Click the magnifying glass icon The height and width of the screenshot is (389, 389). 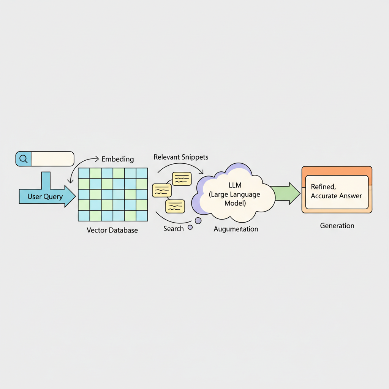23,159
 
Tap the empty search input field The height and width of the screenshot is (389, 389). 52,159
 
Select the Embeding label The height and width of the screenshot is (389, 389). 118,159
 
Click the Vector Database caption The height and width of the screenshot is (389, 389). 112,230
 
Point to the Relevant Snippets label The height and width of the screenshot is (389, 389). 181,157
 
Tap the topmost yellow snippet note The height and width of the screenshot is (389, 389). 182,179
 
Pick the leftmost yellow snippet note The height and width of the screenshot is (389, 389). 162,190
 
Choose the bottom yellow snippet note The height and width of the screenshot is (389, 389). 175,206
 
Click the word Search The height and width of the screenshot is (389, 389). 173,228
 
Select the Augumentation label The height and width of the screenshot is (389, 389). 236,229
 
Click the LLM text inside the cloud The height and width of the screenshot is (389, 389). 235,185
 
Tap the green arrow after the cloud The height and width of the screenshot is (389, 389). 285,193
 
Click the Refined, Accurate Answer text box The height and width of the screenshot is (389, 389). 337,192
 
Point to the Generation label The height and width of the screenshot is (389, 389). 337,226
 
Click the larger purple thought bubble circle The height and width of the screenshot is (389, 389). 198,221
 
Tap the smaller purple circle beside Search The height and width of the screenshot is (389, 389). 190,227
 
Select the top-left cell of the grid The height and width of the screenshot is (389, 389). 84,173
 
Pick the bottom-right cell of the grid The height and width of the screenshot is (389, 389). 142,216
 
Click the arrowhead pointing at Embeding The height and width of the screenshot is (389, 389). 97,159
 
